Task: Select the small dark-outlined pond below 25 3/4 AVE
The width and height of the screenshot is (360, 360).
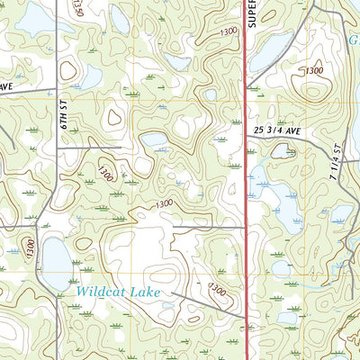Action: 283,151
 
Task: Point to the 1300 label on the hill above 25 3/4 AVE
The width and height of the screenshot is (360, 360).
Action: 313,70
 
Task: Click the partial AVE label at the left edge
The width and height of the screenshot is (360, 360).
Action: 5,85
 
